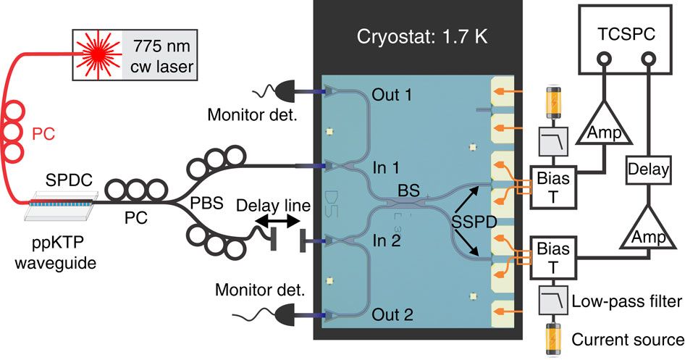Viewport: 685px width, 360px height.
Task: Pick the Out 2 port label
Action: (391, 315)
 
